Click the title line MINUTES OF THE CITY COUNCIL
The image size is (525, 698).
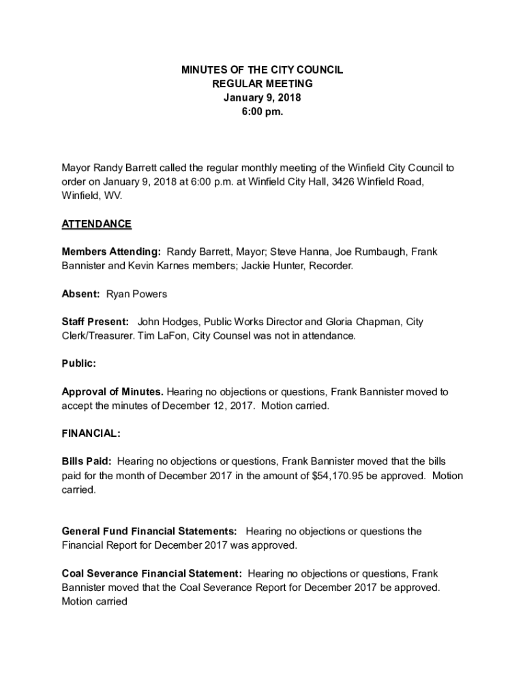[262, 70]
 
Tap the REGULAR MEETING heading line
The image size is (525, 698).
[262, 84]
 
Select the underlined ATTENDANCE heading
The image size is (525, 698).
[96, 224]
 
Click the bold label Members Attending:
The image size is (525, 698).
[111, 252]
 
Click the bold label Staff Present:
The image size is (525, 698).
[95, 322]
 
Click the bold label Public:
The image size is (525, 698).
[78, 364]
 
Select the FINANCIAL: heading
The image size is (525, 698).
[91, 434]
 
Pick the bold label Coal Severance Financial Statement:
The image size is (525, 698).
[151, 574]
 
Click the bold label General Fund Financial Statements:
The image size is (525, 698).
[149, 532]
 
